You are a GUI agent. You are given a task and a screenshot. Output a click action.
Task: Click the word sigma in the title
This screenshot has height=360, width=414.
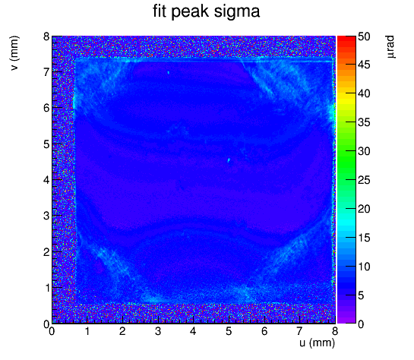tap(237, 12)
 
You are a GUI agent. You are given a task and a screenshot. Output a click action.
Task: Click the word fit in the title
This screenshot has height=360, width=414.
tap(160, 11)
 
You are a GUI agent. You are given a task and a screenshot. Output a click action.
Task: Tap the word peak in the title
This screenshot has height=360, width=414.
tap(190, 12)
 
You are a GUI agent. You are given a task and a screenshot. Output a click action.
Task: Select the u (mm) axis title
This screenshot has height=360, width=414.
tap(317, 343)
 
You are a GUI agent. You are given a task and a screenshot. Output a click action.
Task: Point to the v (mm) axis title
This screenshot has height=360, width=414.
tap(14, 53)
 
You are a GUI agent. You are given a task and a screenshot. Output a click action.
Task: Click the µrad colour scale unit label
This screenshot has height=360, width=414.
tap(390, 47)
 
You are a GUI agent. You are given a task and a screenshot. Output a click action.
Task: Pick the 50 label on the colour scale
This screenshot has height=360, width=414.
tap(364, 36)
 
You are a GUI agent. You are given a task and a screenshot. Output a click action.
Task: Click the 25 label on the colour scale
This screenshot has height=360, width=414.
tap(364, 181)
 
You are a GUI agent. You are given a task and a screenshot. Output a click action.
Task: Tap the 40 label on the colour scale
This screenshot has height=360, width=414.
tap(364, 93)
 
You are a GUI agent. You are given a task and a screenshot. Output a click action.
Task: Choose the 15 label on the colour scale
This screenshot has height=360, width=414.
tap(364, 238)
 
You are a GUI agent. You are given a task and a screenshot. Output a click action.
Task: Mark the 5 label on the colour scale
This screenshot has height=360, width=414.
tap(361, 295)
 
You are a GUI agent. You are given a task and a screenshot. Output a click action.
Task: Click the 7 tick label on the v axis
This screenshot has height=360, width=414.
tap(46, 72)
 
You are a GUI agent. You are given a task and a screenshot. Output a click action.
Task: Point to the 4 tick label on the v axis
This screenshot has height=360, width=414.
tap(46, 180)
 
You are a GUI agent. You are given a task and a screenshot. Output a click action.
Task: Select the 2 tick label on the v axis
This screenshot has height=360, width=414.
tap(46, 252)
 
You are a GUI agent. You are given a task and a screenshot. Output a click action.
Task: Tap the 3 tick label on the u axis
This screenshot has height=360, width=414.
tap(158, 331)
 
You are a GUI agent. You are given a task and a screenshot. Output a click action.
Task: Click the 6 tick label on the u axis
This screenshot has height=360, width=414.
tap(264, 331)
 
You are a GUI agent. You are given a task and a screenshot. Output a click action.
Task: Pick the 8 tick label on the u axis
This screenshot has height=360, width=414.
tap(335, 331)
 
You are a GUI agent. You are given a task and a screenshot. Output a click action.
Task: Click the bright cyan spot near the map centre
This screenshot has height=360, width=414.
tap(229, 159)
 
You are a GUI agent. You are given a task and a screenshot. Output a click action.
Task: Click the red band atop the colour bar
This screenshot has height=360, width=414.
tap(346, 39)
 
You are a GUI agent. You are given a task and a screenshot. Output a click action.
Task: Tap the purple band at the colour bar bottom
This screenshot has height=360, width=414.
tap(346, 321)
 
